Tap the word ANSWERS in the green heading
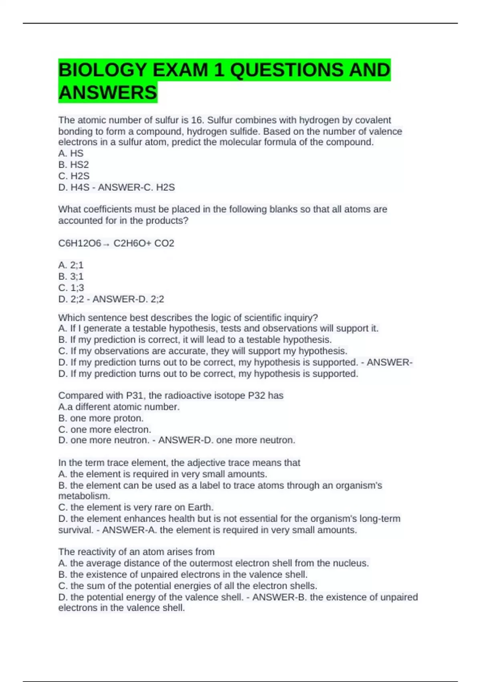(107, 93)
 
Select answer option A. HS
(71, 153)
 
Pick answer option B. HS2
(73, 164)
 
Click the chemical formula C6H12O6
(79, 243)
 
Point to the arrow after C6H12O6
(106, 244)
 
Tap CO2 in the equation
(164, 243)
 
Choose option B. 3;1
(71, 276)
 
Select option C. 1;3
(71, 288)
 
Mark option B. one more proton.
(101, 418)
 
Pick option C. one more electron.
(105, 429)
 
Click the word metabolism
(84, 496)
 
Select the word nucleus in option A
(352, 563)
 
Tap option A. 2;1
(71, 265)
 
